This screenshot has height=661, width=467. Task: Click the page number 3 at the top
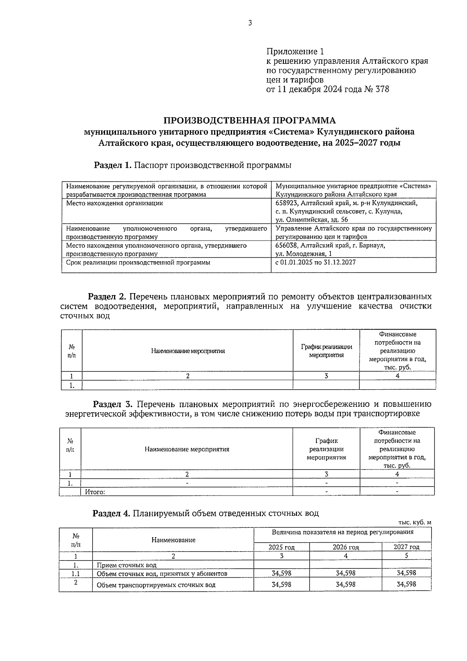coord(250,23)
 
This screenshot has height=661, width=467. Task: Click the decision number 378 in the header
coord(381,90)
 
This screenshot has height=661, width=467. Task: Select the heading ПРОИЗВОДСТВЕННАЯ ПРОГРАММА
coord(249,120)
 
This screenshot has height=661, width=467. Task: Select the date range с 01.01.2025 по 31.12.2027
coord(315,262)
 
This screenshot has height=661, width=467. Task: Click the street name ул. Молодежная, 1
coord(301,254)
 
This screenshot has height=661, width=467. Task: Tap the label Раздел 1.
coord(113,165)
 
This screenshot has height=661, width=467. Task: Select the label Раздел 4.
coord(111,513)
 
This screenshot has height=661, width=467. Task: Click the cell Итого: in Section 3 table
coord(95,492)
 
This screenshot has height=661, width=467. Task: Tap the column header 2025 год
coord(281,547)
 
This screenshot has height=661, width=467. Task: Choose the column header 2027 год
coord(406,547)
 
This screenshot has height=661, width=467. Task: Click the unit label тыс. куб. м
coord(414,523)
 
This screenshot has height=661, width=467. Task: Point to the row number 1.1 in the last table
coord(75,573)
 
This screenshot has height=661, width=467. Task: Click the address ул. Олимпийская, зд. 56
coord(312,220)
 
